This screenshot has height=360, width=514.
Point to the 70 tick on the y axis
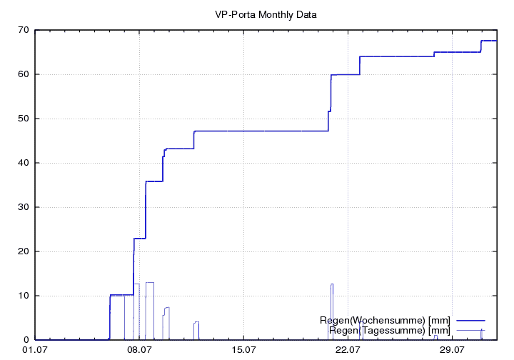click(23, 30)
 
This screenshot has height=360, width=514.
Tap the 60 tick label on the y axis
click(23, 74)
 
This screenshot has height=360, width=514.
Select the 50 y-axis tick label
click(23, 119)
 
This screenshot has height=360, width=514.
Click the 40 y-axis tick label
click(23, 163)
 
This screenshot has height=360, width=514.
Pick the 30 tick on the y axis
click(23, 207)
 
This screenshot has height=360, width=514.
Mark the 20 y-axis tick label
click(23, 251)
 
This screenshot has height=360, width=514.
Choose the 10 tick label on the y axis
click(23, 296)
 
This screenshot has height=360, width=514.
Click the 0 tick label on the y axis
click(26, 340)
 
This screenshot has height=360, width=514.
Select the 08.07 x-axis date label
click(139, 350)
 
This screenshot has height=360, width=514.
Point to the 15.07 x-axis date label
click(243, 350)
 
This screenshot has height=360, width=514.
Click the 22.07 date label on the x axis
click(348, 350)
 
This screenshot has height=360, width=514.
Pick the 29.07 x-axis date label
click(453, 350)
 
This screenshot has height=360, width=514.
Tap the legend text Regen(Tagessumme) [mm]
click(390, 330)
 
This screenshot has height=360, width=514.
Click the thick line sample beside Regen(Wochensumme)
click(470, 320)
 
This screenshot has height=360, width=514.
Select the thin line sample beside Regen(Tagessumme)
click(470, 330)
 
